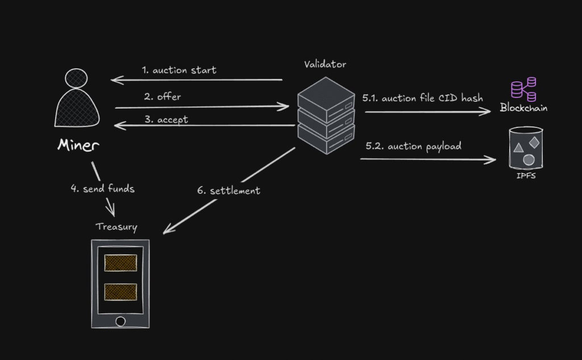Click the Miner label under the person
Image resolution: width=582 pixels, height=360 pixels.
(x=78, y=145)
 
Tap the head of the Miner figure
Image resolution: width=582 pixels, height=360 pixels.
(x=76, y=78)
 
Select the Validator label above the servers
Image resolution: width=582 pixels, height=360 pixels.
(x=325, y=64)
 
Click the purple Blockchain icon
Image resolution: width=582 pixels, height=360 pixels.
(x=523, y=89)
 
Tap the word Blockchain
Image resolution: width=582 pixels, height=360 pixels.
(x=523, y=107)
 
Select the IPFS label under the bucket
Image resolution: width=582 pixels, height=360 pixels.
(x=526, y=176)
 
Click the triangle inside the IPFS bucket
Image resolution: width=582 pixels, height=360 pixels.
(x=518, y=148)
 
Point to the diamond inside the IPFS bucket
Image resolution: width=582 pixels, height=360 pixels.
(x=534, y=140)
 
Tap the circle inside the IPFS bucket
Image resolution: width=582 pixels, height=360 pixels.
(x=529, y=160)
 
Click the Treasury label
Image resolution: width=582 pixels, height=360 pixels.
(x=116, y=226)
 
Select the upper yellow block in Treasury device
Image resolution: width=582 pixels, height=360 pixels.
(x=120, y=263)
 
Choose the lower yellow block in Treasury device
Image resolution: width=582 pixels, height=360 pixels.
(x=120, y=292)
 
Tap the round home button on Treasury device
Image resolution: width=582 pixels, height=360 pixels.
(x=120, y=321)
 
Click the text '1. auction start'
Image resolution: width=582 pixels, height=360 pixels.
(x=179, y=71)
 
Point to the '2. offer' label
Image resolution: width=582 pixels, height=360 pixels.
(x=163, y=97)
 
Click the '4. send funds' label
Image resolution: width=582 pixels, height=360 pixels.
(x=102, y=189)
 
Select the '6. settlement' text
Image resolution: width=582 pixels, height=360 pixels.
(x=228, y=191)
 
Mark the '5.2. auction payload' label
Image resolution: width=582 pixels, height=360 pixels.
(x=413, y=146)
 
